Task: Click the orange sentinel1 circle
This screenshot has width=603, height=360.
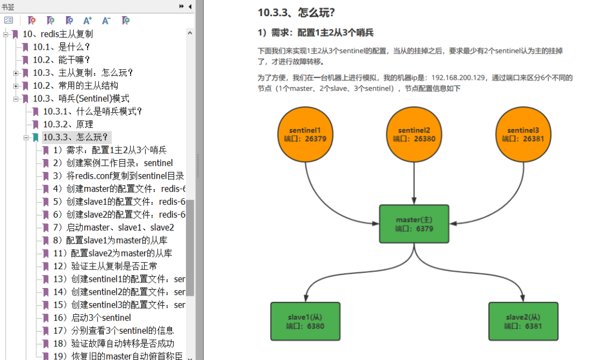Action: click(x=304, y=135)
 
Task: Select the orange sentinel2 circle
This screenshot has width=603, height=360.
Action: click(x=414, y=135)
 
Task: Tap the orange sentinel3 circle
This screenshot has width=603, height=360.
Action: click(x=524, y=135)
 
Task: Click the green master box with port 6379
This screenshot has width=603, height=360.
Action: click(x=414, y=224)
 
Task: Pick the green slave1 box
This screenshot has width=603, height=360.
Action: click(x=305, y=321)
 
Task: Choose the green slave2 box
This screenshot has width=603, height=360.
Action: click(x=523, y=321)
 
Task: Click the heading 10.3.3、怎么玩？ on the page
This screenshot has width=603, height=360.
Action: click(x=296, y=12)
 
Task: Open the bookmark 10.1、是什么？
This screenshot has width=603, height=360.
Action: click(x=61, y=47)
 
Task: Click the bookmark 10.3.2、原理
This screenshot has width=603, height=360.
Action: click(x=68, y=124)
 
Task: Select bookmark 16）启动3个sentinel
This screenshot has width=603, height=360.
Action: click(x=92, y=318)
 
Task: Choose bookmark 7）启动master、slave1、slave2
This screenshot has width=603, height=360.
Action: click(x=113, y=227)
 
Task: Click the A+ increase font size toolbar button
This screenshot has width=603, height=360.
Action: click(x=88, y=21)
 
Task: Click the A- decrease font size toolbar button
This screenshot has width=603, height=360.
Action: click(x=106, y=21)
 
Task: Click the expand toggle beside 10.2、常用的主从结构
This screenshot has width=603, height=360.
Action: click(x=16, y=85)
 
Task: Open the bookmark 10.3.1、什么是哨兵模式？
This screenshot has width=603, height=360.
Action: click(x=93, y=111)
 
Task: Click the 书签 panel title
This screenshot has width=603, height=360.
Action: click(x=8, y=6)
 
